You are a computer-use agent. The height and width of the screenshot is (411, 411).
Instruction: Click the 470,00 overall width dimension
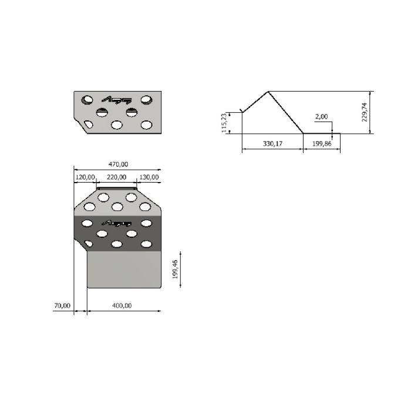[x=118, y=164]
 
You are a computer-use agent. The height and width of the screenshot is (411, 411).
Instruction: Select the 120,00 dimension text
[x=85, y=177]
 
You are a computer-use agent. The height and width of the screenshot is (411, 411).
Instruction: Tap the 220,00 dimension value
[x=116, y=177]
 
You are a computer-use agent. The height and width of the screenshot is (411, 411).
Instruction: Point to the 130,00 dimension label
[x=149, y=177]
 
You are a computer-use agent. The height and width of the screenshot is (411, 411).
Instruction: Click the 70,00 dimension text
[x=62, y=306]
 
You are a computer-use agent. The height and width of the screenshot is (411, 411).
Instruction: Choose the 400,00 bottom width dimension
[x=122, y=306]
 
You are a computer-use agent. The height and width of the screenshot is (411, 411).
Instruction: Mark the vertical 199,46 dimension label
[x=175, y=269]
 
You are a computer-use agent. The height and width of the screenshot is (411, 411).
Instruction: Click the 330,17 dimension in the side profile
[x=272, y=144]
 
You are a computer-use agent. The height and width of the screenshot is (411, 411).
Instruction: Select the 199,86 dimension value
[x=322, y=144]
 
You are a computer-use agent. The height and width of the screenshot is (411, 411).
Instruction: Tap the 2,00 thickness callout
[x=321, y=117]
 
